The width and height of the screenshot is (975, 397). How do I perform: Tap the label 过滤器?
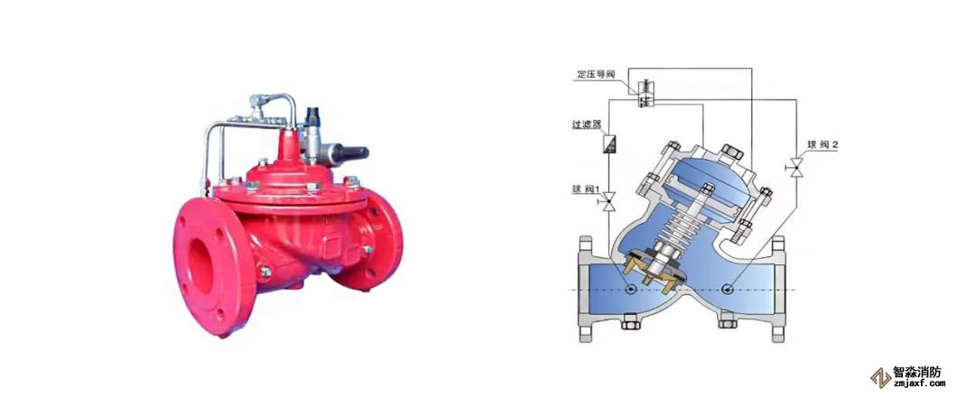pyautogui.click(x=587, y=125)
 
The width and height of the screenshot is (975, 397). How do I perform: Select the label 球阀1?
pyautogui.click(x=586, y=188)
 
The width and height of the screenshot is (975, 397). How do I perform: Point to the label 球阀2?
pyautogui.click(x=822, y=144)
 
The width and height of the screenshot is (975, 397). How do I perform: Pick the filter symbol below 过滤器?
pyautogui.click(x=608, y=144)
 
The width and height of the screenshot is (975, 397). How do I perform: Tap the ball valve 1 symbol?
pyautogui.click(x=608, y=201)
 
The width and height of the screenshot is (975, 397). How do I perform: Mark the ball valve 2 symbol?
pyautogui.click(x=795, y=168)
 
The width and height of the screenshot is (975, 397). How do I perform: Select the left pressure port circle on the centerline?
pyautogui.click(x=631, y=289)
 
